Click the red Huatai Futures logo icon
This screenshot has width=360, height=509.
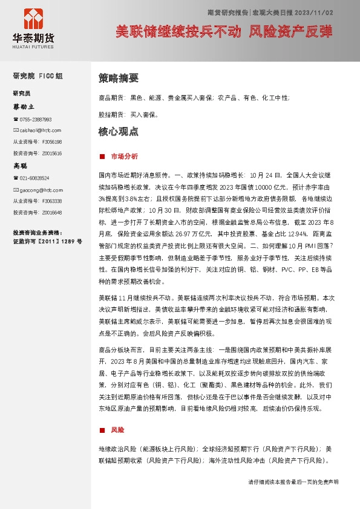[33, 19]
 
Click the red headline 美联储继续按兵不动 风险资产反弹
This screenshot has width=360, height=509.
[224, 32]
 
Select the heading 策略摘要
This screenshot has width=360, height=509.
[119, 78]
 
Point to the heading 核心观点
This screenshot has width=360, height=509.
[119, 131]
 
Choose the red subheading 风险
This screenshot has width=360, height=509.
[117, 430]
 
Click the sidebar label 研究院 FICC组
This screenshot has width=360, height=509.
[38, 76]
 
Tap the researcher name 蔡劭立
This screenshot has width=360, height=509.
[24, 106]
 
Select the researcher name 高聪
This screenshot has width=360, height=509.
[21, 165]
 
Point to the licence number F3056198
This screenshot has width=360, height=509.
[52, 141]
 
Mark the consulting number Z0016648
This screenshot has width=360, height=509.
[52, 212]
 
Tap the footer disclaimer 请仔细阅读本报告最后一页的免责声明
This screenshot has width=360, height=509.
[293, 482]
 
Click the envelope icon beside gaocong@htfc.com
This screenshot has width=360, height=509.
[15, 189]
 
